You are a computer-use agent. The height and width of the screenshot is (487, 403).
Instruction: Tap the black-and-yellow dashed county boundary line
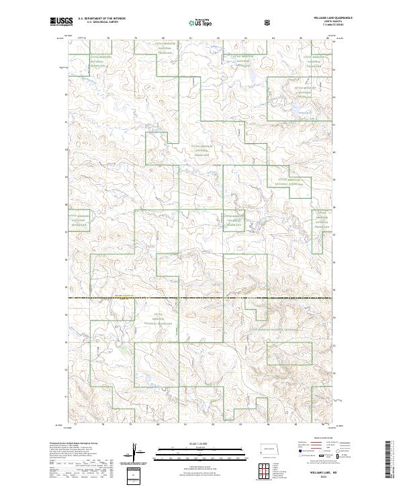tap(201, 298)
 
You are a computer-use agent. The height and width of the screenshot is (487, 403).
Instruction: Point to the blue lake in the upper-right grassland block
tap(294, 106)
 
